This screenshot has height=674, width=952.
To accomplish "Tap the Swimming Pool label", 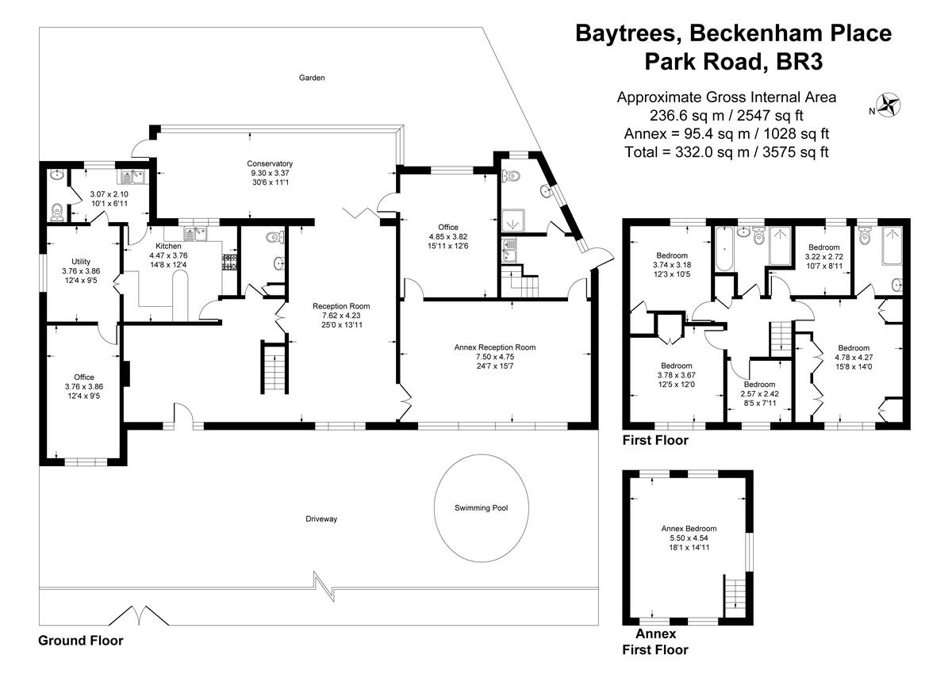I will click(x=481, y=508).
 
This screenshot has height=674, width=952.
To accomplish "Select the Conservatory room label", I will click(x=270, y=164).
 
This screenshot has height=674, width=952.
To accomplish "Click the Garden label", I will click(x=312, y=78).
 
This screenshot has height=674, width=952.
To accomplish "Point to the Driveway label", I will click(x=321, y=519).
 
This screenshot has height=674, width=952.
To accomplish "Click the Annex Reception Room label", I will click(x=494, y=347).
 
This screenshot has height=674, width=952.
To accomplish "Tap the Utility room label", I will click(x=80, y=262).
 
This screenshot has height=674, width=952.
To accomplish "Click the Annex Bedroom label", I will click(x=689, y=529).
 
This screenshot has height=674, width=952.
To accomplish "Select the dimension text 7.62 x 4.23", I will click(x=340, y=315).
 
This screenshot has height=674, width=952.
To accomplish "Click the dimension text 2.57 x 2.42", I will click(x=759, y=393).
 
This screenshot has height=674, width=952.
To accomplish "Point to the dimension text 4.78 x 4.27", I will click(x=854, y=357).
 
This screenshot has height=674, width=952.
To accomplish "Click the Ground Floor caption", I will click(x=81, y=641).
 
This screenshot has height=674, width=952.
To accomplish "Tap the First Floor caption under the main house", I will click(x=655, y=440).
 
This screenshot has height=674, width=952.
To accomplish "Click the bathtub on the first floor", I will click(x=724, y=251).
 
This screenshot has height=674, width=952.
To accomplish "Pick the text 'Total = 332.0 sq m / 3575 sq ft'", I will click(x=726, y=152).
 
